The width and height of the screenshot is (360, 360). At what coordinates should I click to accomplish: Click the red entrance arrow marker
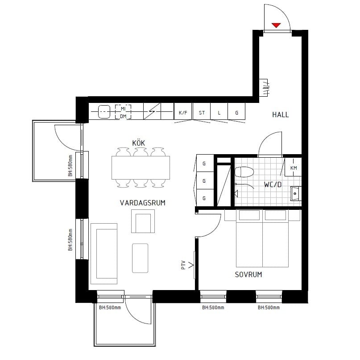coord(276,25)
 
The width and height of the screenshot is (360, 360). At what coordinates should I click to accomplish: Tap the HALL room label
coord(280,115)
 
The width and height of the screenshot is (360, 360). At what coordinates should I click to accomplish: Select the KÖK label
coord(138,143)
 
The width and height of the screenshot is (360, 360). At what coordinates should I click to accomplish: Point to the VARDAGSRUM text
coord(143,203)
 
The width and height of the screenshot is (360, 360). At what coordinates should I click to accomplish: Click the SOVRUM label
coord(248,274)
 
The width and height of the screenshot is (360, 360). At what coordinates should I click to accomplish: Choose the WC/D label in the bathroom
coord(273,184)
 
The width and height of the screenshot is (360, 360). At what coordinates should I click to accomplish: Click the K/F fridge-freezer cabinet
coord(183,111)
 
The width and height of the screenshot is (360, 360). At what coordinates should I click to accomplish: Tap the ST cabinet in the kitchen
coord(202,111)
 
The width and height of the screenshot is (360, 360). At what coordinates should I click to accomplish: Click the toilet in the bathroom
coord(244,172)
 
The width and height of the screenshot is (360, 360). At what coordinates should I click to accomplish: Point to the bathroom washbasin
coord(296,193)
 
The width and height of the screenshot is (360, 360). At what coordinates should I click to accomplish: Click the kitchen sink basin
coord(104,111)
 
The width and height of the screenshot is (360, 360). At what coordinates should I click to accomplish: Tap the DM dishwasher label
coord(123,116)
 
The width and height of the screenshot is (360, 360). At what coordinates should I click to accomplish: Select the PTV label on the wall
coord(183,265)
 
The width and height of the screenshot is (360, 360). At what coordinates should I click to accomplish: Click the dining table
coord(141,168)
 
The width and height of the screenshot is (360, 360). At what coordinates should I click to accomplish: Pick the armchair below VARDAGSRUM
coord(143,221)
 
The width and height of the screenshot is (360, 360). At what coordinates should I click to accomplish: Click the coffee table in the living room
coord(140,258)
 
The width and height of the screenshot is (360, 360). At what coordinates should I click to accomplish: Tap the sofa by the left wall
coord(104,254)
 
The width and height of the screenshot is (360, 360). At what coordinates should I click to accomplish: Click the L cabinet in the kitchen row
coord(219,111)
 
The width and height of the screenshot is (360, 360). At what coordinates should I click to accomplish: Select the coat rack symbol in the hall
coord(264,88)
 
